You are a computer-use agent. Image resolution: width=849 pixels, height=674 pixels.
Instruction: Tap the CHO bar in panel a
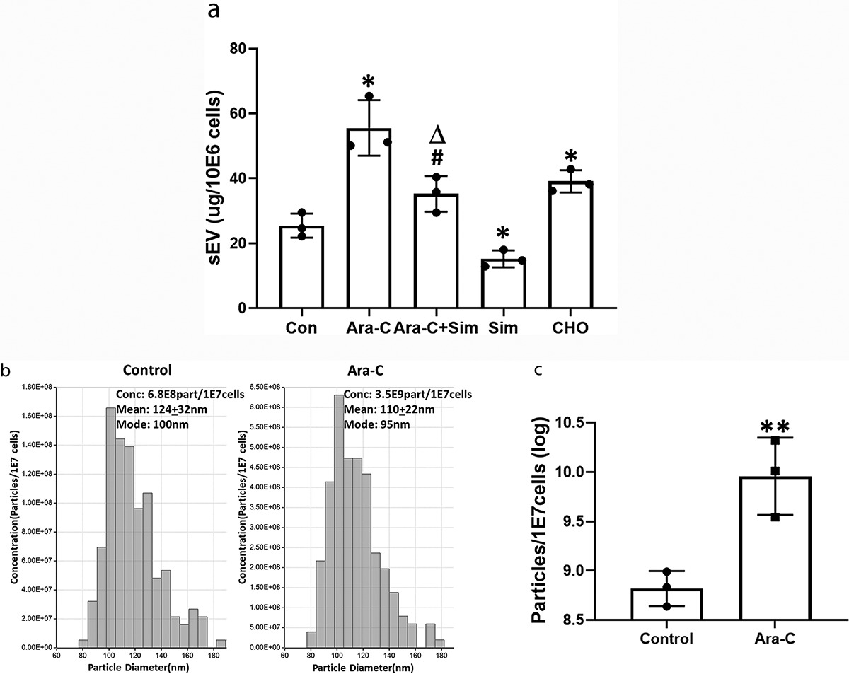[x=570, y=244]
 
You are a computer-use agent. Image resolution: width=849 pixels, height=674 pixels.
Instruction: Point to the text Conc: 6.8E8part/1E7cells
[x=180, y=394]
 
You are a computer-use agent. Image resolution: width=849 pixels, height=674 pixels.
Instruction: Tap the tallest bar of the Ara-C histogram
[x=338, y=521]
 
